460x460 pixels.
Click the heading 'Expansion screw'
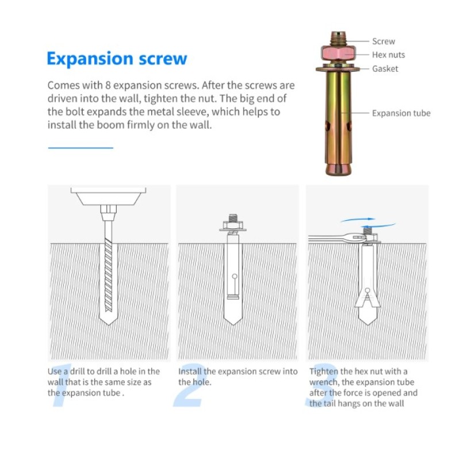tap(117, 59)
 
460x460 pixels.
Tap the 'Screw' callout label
tap(384, 41)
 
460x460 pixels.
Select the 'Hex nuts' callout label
tap(389, 55)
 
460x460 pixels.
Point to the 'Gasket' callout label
tap(385, 68)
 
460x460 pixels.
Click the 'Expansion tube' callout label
tap(401, 113)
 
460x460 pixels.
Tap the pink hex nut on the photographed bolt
tap(338, 53)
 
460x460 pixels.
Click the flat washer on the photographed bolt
tap(338, 69)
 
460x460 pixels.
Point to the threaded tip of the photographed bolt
tap(338, 38)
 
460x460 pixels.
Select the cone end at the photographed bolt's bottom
tap(338, 169)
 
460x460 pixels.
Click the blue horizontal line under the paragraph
tap(80, 148)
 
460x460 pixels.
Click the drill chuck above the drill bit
tap(109, 212)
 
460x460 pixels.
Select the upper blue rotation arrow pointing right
tap(358, 220)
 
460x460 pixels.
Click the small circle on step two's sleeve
tap(235, 276)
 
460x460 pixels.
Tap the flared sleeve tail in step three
tap(367, 299)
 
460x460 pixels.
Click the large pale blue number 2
tap(189, 385)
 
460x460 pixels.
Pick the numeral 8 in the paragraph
tap(108, 85)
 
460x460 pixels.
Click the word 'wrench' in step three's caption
tap(324, 382)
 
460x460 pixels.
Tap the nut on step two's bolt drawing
tap(233, 225)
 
